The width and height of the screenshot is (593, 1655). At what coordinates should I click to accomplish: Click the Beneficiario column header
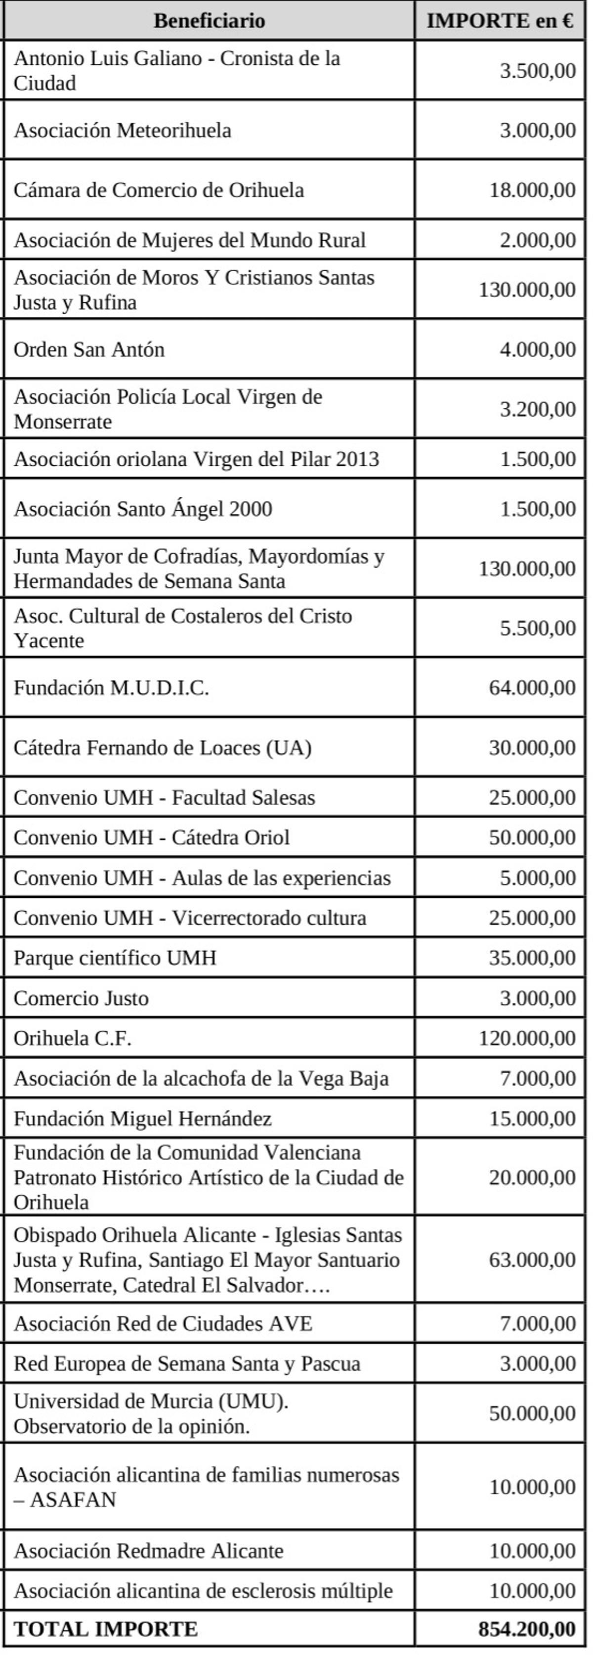pos(209,21)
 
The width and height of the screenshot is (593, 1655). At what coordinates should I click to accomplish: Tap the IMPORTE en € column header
pos(500,21)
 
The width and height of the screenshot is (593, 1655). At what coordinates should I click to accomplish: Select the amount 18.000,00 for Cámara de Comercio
pos(532,190)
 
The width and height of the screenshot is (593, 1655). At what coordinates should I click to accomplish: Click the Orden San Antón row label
pos(89,349)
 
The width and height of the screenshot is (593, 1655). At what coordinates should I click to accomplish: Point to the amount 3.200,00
pos(537,409)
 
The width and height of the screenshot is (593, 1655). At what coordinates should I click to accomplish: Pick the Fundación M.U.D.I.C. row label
pos(111,687)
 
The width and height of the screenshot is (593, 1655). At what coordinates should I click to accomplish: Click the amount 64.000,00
pos(532,687)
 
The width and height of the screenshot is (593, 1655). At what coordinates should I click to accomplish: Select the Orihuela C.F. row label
pos(73,1038)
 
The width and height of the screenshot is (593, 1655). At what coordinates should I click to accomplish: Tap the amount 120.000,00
pos(527,1038)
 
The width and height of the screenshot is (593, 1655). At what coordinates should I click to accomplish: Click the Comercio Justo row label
pos(81,998)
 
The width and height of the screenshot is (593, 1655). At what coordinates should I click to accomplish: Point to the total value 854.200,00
pos(527,1629)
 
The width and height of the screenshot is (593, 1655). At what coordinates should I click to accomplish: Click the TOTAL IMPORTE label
pos(106,1629)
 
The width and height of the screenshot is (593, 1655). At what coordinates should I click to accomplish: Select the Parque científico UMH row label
pos(115,958)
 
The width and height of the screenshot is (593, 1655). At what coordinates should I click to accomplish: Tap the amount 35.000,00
pos(532,958)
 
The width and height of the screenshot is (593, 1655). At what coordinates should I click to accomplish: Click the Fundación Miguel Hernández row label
pos(142,1119)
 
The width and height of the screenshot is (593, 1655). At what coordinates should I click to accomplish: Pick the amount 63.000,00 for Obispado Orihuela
pos(532,1259)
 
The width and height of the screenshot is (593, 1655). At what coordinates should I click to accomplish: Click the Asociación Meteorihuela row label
pos(123,131)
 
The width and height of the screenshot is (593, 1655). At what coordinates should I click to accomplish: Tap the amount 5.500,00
pos(537,628)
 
